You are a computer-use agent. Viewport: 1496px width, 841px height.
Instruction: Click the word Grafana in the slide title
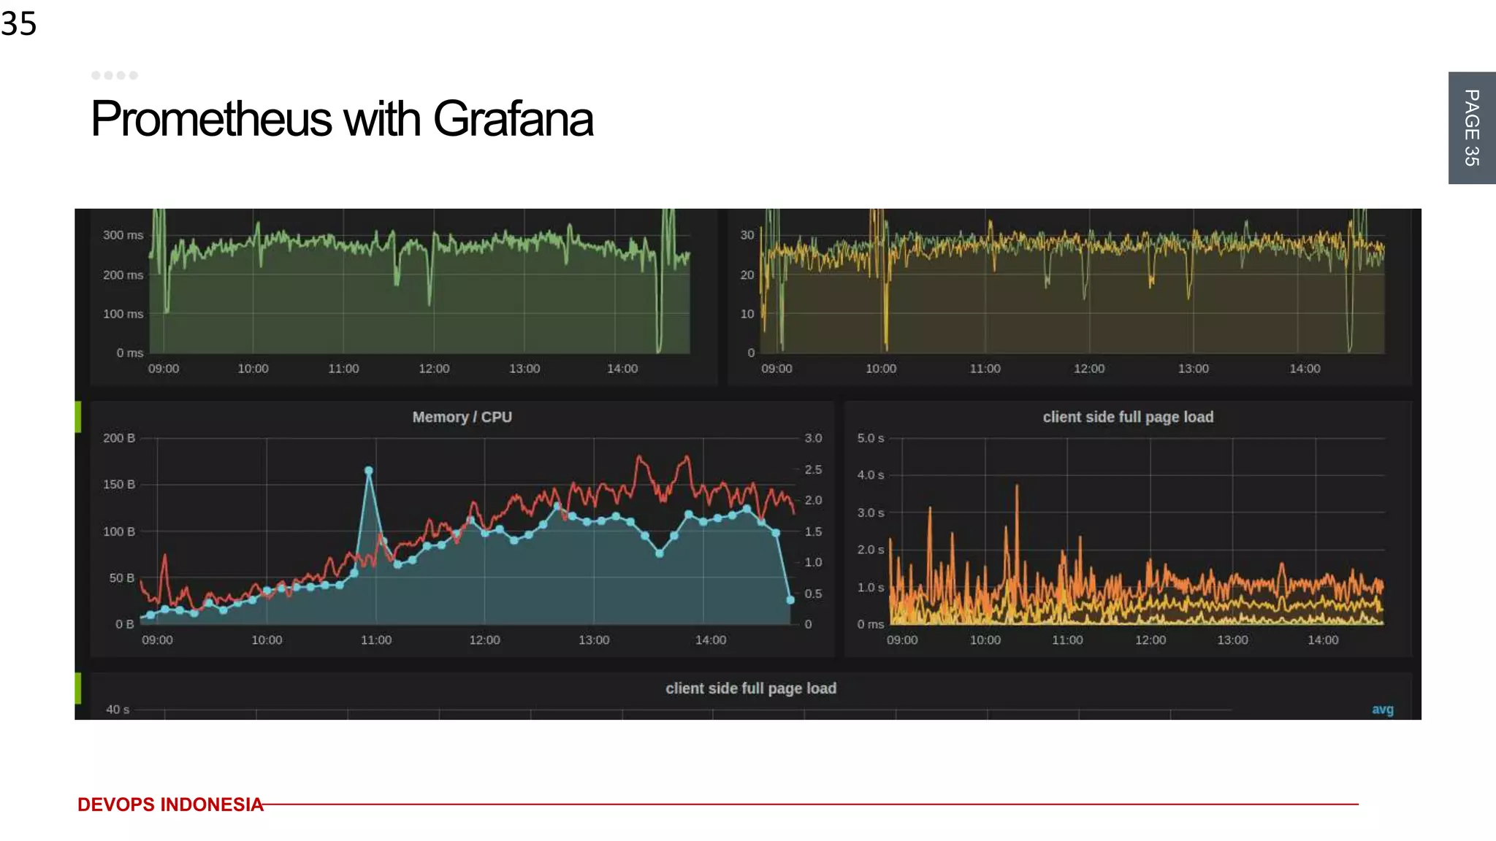pyautogui.click(x=513, y=119)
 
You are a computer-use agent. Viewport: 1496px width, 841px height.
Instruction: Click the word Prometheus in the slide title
pyautogui.click(x=212, y=119)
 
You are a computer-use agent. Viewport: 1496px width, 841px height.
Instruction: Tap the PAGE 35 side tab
pyautogui.click(x=1471, y=128)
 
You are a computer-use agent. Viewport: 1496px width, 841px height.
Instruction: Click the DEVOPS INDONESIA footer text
pyautogui.click(x=170, y=804)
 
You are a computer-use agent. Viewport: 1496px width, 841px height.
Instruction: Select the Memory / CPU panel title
pyautogui.click(x=462, y=417)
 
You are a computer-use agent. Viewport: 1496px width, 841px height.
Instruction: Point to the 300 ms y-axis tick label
pyautogui.click(x=123, y=235)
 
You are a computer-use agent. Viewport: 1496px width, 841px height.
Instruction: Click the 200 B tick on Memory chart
pyautogui.click(x=118, y=438)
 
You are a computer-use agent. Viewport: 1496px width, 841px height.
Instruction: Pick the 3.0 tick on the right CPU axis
pyautogui.click(x=813, y=438)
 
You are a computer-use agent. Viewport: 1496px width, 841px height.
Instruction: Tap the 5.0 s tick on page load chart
pyautogui.click(x=870, y=438)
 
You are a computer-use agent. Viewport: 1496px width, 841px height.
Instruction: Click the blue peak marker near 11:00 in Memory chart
pyautogui.click(x=369, y=471)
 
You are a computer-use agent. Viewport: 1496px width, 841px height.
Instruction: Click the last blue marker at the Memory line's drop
pyautogui.click(x=790, y=600)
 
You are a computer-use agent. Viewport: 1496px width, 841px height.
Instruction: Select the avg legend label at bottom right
pyautogui.click(x=1382, y=710)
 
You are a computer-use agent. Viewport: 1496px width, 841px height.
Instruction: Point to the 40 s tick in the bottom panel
pyautogui.click(x=117, y=710)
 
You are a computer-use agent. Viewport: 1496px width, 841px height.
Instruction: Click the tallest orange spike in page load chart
pyautogui.click(x=1017, y=488)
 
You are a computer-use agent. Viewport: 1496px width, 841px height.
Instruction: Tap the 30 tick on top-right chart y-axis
pyautogui.click(x=747, y=235)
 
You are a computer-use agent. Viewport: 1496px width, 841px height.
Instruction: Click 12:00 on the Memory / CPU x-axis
pyautogui.click(x=484, y=640)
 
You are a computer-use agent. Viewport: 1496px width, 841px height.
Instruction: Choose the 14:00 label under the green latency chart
pyautogui.click(x=622, y=369)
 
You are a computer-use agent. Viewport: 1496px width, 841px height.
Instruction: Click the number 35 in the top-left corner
pyautogui.click(x=19, y=24)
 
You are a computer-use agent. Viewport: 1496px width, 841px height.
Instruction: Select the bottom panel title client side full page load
pyautogui.click(x=751, y=688)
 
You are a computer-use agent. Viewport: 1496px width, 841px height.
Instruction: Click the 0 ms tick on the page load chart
pyautogui.click(x=870, y=624)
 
